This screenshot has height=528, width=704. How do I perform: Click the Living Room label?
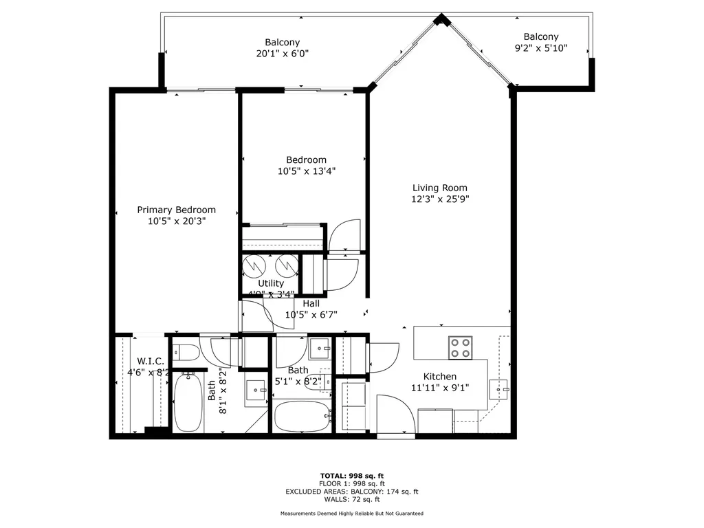click(x=440, y=188)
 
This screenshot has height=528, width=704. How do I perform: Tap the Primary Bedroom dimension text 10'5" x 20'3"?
click(x=176, y=221)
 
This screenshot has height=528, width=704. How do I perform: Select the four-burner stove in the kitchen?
click(x=460, y=348)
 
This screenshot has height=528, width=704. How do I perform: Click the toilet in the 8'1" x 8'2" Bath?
click(x=184, y=353)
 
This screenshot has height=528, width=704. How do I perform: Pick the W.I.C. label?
click(x=150, y=361)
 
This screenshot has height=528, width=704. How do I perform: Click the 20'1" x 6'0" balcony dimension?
click(x=282, y=54)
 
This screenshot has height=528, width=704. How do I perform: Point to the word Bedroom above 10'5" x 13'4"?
click(x=306, y=160)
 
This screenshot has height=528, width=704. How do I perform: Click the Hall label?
click(x=311, y=303)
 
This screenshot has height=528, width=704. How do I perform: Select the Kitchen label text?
click(x=439, y=376)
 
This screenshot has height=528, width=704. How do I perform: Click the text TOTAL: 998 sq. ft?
click(x=351, y=476)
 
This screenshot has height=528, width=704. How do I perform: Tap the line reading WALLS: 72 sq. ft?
click(x=351, y=500)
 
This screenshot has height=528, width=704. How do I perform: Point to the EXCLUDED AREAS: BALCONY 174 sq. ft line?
click(x=351, y=492)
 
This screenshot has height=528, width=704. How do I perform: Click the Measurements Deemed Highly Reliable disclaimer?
click(x=351, y=514)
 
